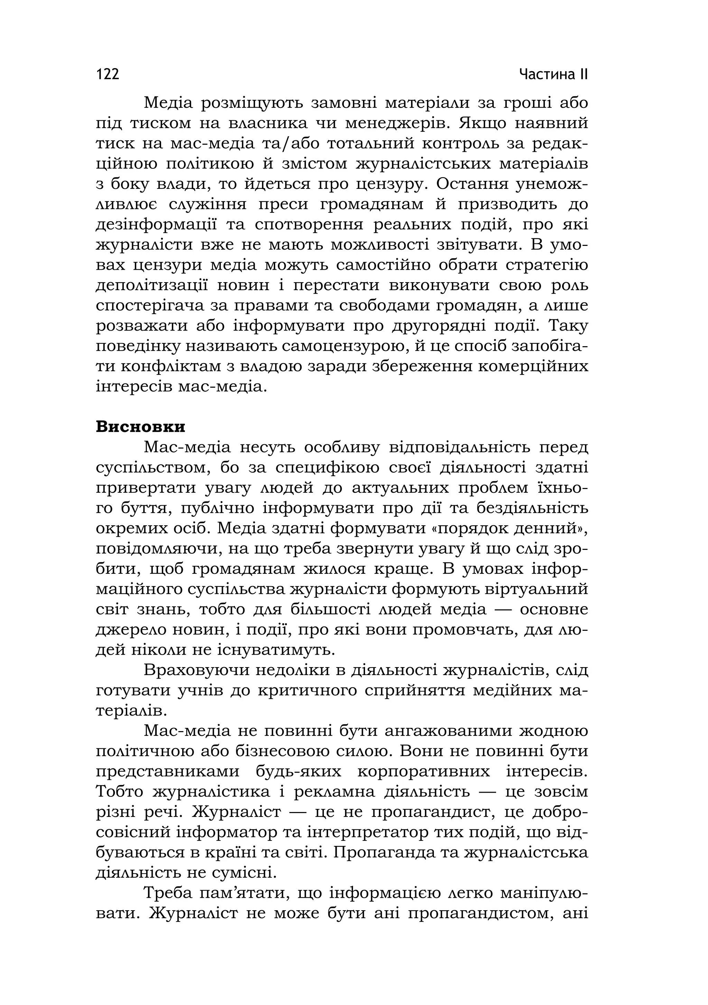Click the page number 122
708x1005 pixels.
coord(108,74)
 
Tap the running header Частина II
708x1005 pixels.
coord(553,74)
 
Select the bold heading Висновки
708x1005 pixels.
coord(140,427)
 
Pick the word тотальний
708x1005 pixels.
coord(373,144)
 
